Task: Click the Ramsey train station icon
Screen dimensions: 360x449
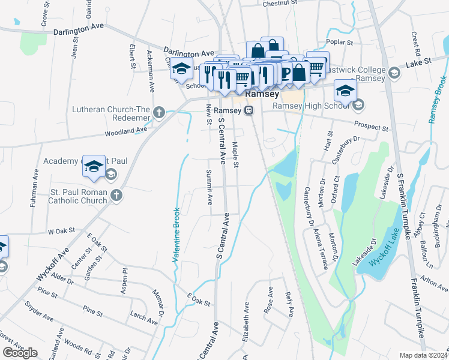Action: [x=248, y=110]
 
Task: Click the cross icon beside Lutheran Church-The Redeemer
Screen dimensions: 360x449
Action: [x=160, y=112]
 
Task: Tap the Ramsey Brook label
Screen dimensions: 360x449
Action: [x=440, y=100]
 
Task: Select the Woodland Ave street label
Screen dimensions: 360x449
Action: [x=126, y=131]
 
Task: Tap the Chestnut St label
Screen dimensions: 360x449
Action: [x=280, y=3]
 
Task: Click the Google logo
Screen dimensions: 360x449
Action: [x=20, y=353]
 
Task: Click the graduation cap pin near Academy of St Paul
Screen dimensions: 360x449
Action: [x=94, y=167]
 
